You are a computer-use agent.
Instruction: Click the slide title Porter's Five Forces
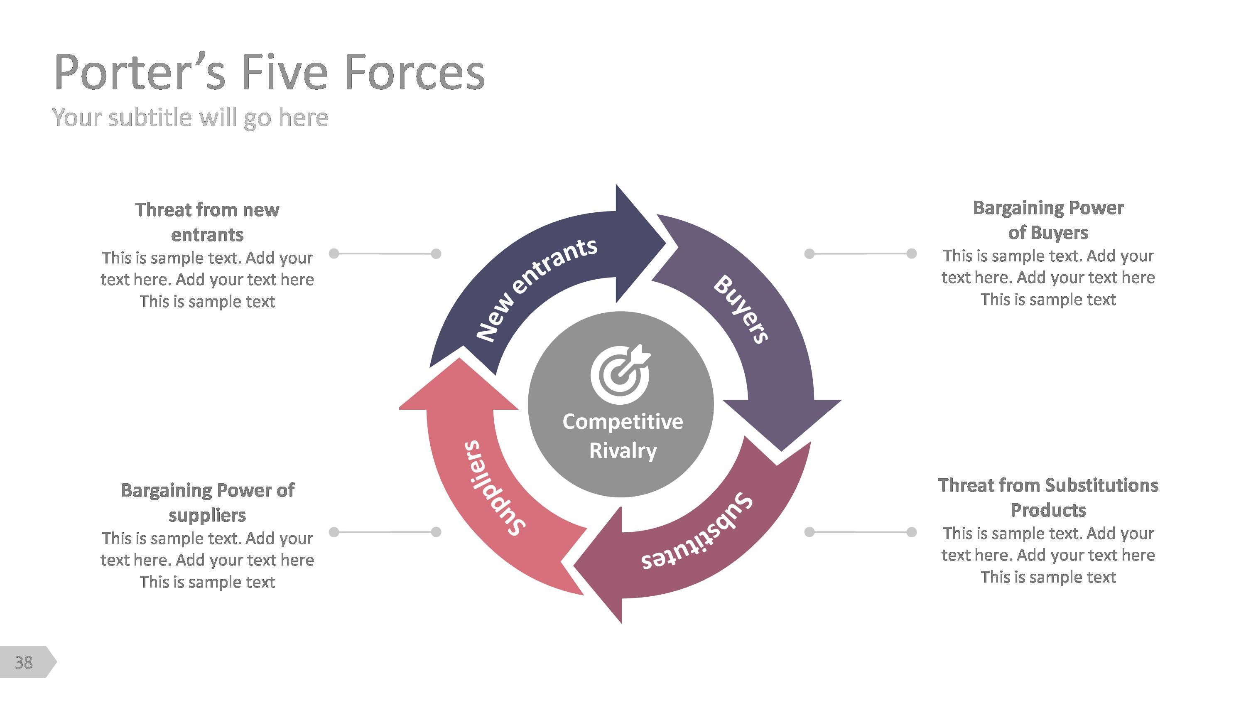pyautogui.click(x=269, y=73)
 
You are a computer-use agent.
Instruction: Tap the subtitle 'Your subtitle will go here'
pyautogui.click(x=190, y=118)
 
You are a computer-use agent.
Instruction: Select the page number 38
pyautogui.click(x=23, y=662)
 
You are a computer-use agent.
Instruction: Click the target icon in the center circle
pyautogui.click(x=621, y=374)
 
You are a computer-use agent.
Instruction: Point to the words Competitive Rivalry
pyautogui.click(x=623, y=436)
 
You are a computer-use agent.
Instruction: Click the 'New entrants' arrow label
pyautogui.click(x=537, y=289)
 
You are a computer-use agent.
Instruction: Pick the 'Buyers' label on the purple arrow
pyautogui.click(x=741, y=309)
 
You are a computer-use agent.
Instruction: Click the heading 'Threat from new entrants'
pyautogui.click(x=207, y=222)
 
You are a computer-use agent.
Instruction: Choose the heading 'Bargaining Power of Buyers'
pyautogui.click(x=1048, y=220)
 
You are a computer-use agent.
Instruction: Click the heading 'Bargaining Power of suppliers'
pyautogui.click(x=207, y=502)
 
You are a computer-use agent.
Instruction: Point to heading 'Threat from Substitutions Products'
pyautogui.click(x=1048, y=497)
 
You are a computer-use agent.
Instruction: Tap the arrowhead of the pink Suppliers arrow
pyautogui.click(x=458, y=387)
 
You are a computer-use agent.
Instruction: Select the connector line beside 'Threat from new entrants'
pyautogui.click(x=385, y=253)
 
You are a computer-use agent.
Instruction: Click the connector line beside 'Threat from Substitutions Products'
pyautogui.click(x=860, y=532)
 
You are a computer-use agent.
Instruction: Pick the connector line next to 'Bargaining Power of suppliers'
pyautogui.click(x=385, y=532)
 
